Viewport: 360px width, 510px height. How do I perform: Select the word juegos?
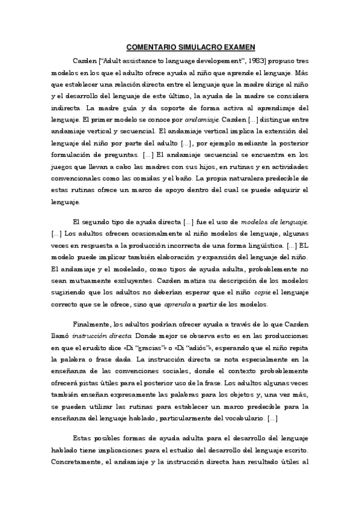(x=62, y=167)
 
